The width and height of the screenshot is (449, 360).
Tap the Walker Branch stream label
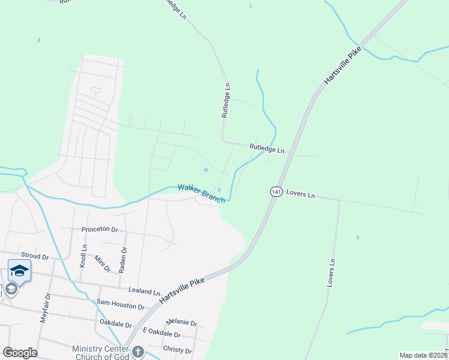pyautogui.click(x=201, y=193)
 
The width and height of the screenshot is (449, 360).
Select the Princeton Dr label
pyautogui.click(x=99, y=229)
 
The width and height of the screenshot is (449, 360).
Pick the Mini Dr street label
pyautogui.click(x=102, y=263)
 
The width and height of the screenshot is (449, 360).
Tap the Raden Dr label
pyautogui.click(x=123, y=260)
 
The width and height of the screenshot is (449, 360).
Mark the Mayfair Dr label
pyautogui.click(x=44, y=309)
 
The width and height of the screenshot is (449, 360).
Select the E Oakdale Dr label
pyautogui.click(x=161, y=334)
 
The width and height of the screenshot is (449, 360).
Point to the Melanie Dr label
pyautogui.click(x=182, y=322)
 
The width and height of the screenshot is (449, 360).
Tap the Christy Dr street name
pyautogui.click(x=177, y=350)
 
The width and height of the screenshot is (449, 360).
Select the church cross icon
pyautogui.click(x=138, y=352)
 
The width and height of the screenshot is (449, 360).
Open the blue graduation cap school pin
pyautogui.click(x=19, y=271)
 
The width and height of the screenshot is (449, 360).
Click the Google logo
pyautogui.click(x=20, y=352)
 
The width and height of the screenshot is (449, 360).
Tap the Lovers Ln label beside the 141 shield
pyautogui.click(x=300, y=194)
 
